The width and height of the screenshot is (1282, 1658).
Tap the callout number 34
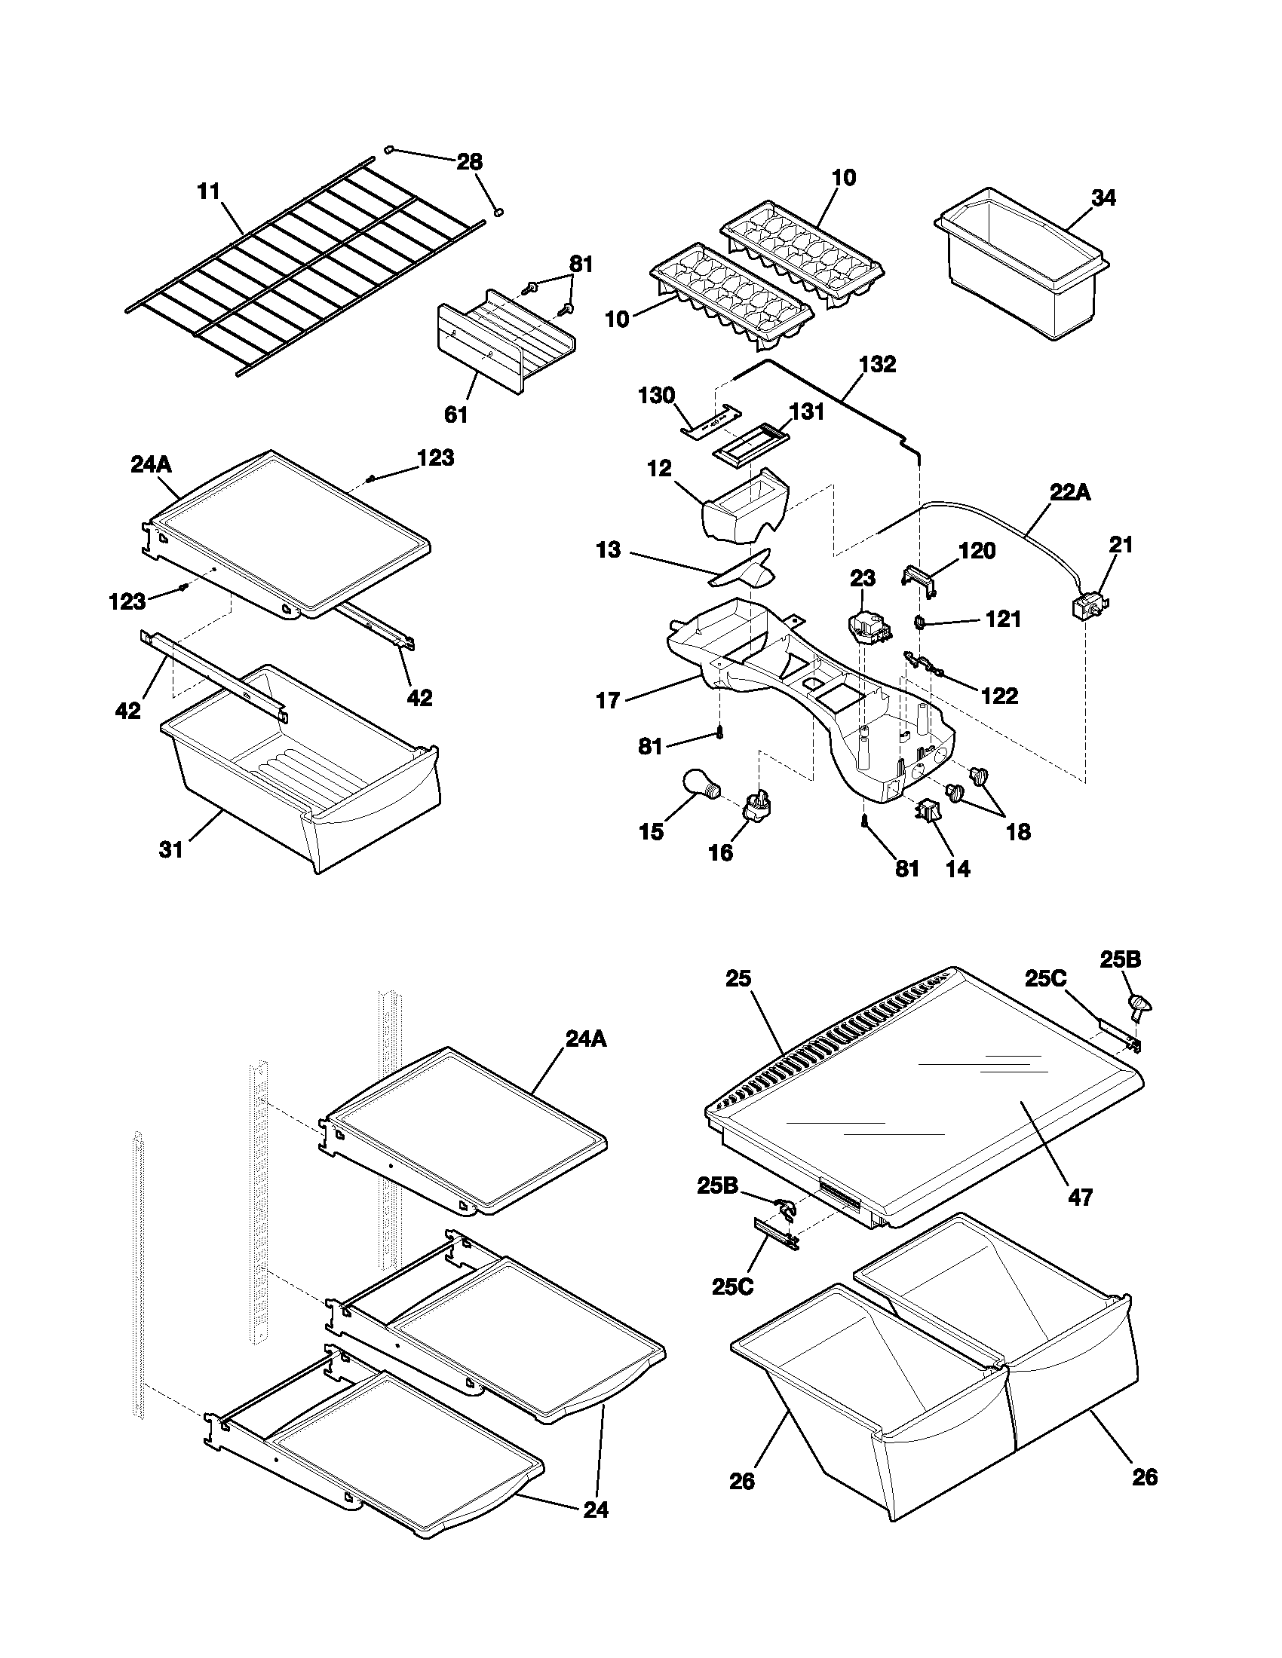1104,197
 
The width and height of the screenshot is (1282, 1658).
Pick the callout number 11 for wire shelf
208,191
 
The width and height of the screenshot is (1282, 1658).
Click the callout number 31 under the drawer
171,849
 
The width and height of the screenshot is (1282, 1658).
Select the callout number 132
877,365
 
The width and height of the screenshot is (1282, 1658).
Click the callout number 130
657,395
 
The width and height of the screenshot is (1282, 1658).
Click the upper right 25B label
1120,959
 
